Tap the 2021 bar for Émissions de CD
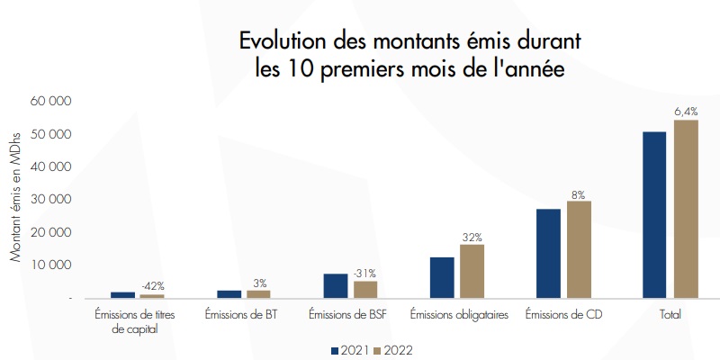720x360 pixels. coord(548,253)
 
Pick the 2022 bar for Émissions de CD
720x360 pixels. coord(580,249)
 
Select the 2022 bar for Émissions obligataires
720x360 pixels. coord(472,271)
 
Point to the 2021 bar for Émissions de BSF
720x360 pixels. coord(336,285)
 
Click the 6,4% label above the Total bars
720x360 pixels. coord(686,111)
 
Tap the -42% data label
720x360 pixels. coord(153,286)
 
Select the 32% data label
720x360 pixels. coord(472,237)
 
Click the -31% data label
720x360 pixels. coord(364,274)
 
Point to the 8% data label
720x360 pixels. coord(579,193)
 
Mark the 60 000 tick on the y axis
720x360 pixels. coord(51,102)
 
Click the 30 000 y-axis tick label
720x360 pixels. coord(51,200)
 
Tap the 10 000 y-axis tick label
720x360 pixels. coord(51,265)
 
